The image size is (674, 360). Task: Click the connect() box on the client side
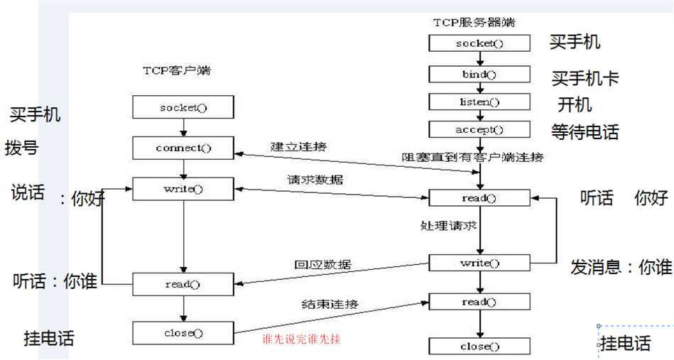[183, 148]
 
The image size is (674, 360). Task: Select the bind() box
[479, 74]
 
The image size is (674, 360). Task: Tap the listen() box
[479, 102]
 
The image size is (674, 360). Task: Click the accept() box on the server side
[479, 129]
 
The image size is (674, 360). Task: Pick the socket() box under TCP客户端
[183, 108]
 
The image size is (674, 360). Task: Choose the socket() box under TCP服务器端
[479, 43]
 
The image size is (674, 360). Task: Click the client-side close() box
[183, 332]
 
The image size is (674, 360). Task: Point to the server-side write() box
[479, 263]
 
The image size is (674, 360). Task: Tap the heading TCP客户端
[176, 71]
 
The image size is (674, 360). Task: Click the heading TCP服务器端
[474, 22]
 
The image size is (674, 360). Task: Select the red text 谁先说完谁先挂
[302, 339]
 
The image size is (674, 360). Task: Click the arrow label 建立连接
[298, 146]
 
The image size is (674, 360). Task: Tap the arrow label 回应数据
[322, 265]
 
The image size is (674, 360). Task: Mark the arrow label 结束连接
[330, 304]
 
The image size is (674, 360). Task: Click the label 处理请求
[447, 227]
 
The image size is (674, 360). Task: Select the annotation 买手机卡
[585, 78]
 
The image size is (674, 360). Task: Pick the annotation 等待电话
[585, 132]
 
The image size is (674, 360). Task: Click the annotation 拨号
[21, 148]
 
